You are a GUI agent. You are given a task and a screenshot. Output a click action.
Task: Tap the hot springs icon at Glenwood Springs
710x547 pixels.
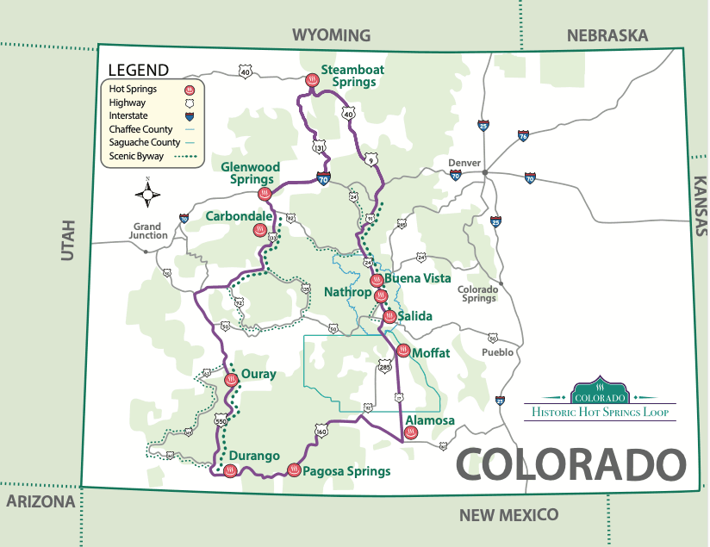[x=265, y=194]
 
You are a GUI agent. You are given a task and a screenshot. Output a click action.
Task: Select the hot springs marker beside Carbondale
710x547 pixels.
[x=259, y=230]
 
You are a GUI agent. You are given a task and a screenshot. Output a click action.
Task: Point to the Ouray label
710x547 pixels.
[x=258, y=374]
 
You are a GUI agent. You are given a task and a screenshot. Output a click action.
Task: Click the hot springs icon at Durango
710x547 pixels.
[x=230, y=470]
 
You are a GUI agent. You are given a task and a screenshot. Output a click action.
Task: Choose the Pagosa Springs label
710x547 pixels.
[x=346, y=471]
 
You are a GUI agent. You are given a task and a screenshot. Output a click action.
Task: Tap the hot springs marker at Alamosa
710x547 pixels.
[x=411, y=432]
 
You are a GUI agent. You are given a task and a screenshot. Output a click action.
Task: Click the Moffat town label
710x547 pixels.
[x=431, y=353]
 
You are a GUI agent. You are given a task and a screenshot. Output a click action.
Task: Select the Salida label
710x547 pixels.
[x=414, y=316]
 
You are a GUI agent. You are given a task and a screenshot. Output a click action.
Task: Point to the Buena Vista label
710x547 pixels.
[x=418, y=278]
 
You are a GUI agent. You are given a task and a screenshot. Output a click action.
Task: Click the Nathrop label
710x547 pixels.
[x=347, y=292]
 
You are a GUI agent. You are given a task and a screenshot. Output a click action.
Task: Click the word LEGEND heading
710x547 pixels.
[x=139, y=70]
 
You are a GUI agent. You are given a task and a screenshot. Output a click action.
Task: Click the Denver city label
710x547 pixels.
[x=464, y=163]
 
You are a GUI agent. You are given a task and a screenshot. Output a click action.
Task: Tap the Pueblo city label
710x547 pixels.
[x=498, y=352]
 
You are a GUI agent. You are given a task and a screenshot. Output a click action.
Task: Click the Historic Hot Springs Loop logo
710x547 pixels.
[x=600, y=402]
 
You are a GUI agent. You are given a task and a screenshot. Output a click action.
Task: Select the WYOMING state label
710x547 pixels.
[x=331, y=35]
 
